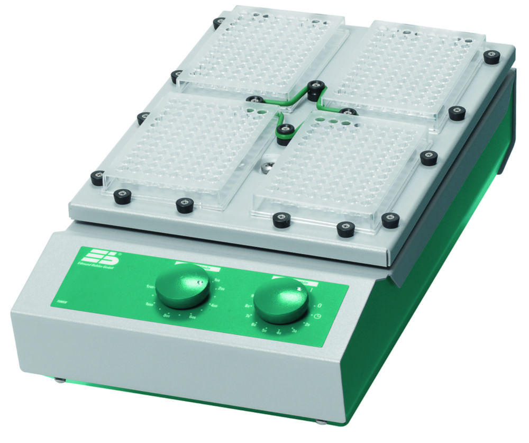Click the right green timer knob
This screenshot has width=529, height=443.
(x=281, y=300)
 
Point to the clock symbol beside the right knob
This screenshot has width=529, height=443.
(x=316, y=317)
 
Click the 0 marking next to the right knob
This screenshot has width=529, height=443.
(x=320, y=305)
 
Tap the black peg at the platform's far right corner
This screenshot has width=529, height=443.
(x=491, y=57)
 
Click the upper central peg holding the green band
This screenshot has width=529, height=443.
(x=316, y=90)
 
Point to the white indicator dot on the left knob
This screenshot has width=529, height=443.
(x=199, y=282)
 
